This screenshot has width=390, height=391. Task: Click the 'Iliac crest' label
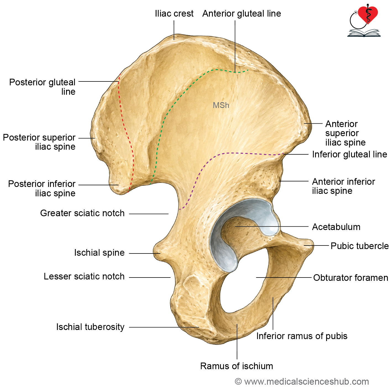[174, 14]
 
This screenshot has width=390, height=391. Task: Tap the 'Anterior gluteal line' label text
[242, 14]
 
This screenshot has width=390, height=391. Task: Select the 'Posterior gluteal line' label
[42, 87]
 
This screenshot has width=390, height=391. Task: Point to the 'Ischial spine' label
[99, 253]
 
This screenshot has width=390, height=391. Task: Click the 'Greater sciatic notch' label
[82, 213]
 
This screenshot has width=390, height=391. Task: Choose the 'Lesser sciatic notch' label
[84, 276]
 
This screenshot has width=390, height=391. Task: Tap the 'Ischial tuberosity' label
[90, 327]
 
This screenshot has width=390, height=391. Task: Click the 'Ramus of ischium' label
[237, 366]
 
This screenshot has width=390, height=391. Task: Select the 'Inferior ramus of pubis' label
[302, 336]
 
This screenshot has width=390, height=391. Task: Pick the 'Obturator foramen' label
[350, 278]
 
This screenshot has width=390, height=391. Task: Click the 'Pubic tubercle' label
[360, 246]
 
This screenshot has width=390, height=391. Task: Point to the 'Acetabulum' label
[336, 227]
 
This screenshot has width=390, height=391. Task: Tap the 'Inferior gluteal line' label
[350, 154]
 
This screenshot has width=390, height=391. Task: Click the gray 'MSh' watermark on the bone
[221, 105]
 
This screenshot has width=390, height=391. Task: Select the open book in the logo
[364, 33]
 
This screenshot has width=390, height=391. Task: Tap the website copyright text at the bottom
[302, 381]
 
